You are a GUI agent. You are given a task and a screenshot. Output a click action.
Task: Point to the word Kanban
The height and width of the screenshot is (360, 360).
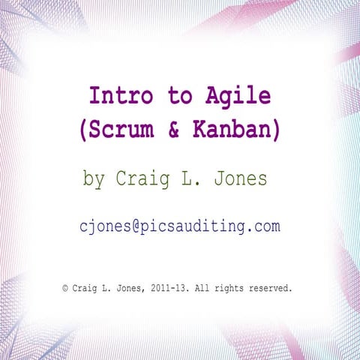coord(233,130)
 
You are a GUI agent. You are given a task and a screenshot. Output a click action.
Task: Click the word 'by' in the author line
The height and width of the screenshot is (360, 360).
coord(93,180)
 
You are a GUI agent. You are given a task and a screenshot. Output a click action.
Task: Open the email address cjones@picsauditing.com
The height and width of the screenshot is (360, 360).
coord(180,226)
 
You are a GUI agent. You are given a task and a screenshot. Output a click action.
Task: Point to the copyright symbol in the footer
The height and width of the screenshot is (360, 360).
coord(65,287)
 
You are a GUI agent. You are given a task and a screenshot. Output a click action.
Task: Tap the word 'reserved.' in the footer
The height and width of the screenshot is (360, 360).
coord(271,287)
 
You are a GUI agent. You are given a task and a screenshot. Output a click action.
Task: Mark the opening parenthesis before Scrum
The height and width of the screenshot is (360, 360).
coord(83,130)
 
